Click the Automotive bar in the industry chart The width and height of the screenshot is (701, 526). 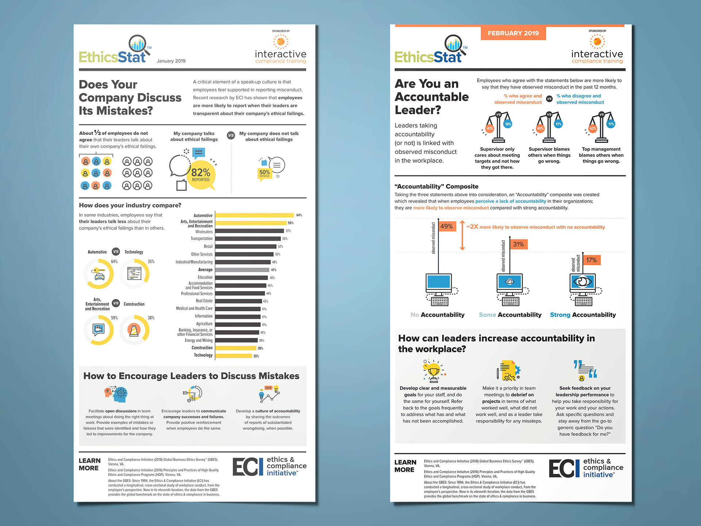click(x=254, y=215)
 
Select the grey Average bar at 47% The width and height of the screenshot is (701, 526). click(x=242, y=270)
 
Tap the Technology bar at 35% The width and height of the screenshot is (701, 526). click(x=234, y=356)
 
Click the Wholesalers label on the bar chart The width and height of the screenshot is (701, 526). click(x=204, y=232)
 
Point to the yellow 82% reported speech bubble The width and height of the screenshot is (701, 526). click(x=201, y=175)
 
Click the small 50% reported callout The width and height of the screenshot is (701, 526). click(x=264, y=173)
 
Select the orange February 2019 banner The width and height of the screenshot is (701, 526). click(x=513, y=33)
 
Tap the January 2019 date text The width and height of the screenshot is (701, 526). click(x=171, y=61)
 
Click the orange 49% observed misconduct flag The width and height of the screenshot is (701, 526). click(x=447, y=226)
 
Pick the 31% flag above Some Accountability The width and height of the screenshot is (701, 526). click(x=518, y=244)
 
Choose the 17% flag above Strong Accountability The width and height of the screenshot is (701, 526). click(x=591, y=260)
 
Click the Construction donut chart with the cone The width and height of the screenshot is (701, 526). click(x=134, y=330)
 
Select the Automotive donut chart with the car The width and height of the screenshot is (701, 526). click(x=99, y=274)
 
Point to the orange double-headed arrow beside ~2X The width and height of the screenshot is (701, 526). click(x=462, y=235)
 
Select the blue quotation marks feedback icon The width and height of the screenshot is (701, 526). click(x=585, y=370)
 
